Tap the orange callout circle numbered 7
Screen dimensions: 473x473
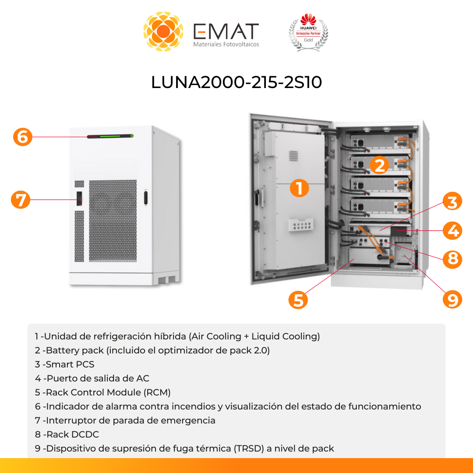coord(21,200)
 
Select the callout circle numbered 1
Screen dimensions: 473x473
coord(300,189)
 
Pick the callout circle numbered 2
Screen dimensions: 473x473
coord(379,165)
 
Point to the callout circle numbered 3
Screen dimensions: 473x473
coord(452,202)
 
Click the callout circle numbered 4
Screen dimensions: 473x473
coord(452,230)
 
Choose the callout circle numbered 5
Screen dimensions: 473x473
coord(298,300)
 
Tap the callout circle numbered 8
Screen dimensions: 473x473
coord(452,259)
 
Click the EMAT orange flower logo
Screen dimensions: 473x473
coord(163,32)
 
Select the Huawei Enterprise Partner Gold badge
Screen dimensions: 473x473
coord(308,32)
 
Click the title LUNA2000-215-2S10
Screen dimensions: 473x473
coord(236,82)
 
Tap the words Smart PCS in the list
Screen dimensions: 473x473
coord(70,364)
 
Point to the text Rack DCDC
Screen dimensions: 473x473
coord(73,434)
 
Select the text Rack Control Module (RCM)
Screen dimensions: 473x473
coord(108,392)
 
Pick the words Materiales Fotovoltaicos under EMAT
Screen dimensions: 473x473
coord(226,44)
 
